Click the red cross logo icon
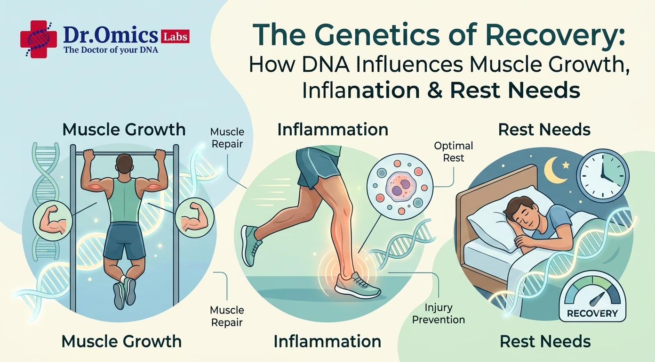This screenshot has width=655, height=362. (x=38, y=39)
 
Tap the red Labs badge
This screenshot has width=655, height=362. (x=175, y=37)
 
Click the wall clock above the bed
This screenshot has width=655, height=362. (x=602, y=176)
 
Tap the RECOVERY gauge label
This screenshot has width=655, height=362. (x=592, y=313)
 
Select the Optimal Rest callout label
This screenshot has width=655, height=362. (x=453, y=152)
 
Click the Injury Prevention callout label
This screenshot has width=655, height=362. (x=439, y=313)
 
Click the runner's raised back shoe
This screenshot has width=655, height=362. (x=250, y=246)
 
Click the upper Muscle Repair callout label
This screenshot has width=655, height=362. (x=227, y=138)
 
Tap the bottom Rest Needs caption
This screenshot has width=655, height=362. (x=545, y=342)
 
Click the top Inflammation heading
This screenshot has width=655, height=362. (x=333, y=130)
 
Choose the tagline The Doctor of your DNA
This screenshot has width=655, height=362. (x=111, y=50)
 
